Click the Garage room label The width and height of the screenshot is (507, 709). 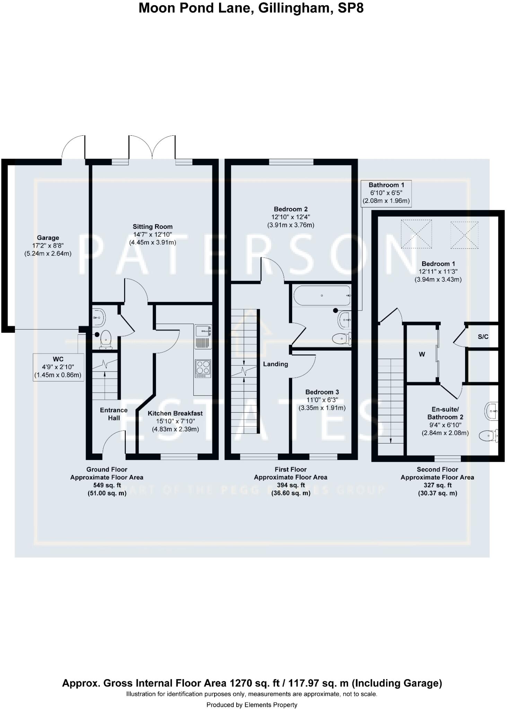pos(48,238)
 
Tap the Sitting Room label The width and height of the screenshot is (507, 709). pos(152,226)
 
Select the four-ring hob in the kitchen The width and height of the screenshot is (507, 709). pos(203,368)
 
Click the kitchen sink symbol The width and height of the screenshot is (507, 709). pos(203,331)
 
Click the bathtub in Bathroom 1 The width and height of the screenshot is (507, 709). pos(322,295)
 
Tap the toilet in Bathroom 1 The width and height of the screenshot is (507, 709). pos(342,338)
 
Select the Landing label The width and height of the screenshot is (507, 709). pos(276,364)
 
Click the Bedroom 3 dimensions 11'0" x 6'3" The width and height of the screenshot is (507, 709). pos(322,400)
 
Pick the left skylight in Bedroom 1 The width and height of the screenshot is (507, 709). pos(417,234)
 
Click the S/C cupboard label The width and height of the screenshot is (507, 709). pos(483,336)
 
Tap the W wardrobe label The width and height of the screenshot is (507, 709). pos(422,354)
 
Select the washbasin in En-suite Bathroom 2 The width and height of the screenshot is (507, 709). pos(491,411)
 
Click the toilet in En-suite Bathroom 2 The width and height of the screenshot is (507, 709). pos(489,436)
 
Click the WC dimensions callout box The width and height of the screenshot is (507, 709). pos(59,367)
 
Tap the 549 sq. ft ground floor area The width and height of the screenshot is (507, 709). pos(107,485)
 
